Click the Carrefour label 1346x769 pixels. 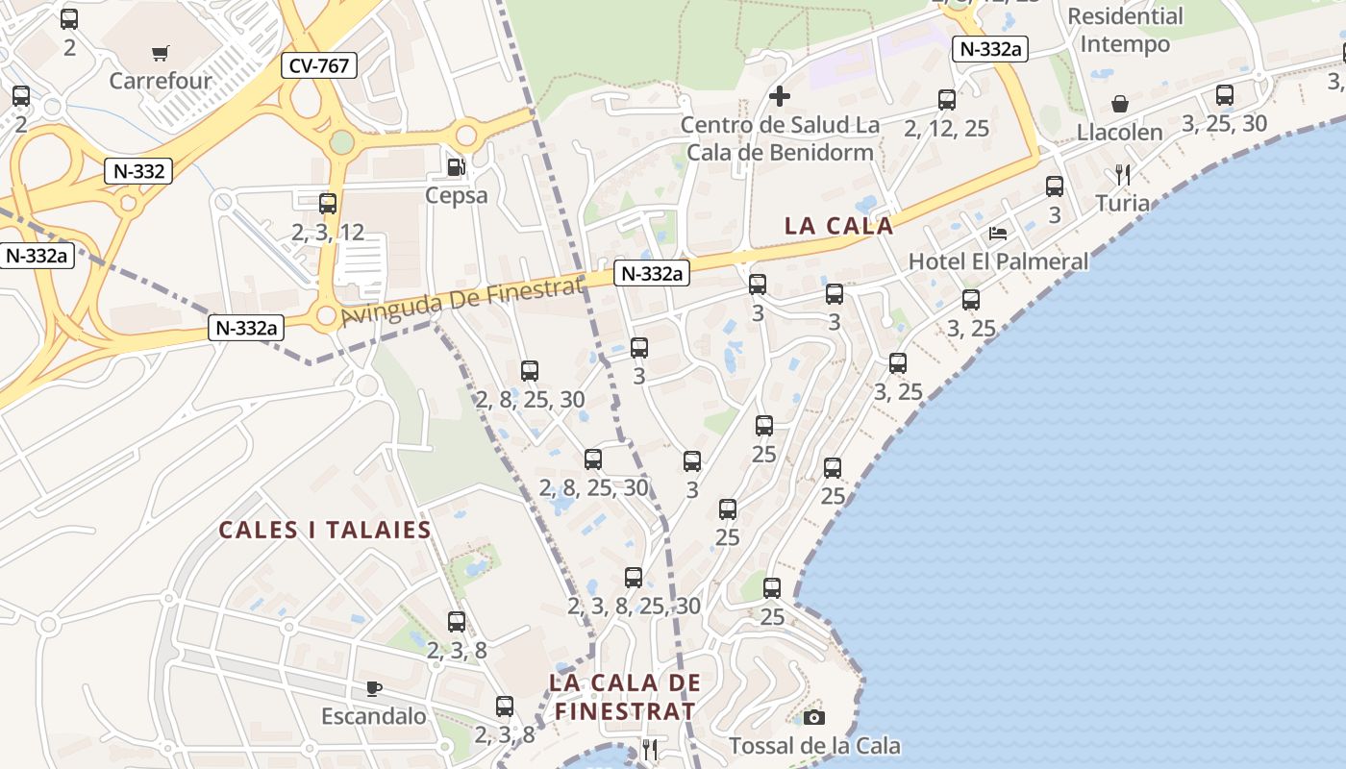(161, 80)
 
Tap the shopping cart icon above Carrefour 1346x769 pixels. (161, 53)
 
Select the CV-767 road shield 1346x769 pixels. (319, 65)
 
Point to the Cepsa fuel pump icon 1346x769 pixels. (456, 167)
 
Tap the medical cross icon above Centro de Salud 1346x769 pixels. (780, 96)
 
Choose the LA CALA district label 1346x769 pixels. (839, 226)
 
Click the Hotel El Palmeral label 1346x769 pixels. (998, 260)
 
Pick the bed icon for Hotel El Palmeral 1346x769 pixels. (998, 234)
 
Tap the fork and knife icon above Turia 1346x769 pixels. (1122, 175)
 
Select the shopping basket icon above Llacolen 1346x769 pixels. (1120, 104)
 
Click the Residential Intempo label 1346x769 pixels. (1125, 30)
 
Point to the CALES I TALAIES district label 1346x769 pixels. (325, 531)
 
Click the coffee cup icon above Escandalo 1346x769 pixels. (374, 688)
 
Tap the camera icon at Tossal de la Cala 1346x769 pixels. (814, 717)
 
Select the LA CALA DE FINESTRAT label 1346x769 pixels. (625, 697)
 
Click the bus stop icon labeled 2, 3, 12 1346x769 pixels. (328, 204)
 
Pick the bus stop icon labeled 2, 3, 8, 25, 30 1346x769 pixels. (634, 578)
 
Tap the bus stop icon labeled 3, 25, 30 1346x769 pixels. (1224, 95)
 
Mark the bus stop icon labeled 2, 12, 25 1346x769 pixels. (947, 100)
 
